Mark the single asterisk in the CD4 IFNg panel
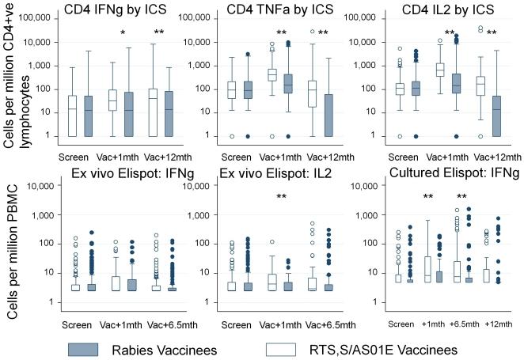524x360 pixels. (123, 33)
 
